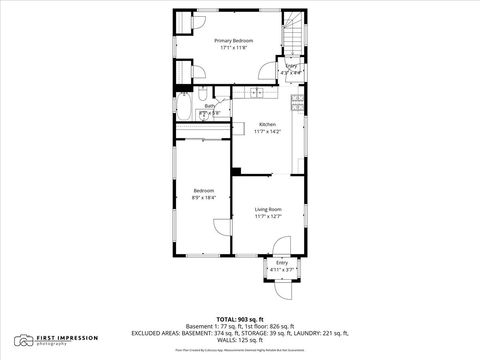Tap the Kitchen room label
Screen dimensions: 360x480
[x=267, y=124]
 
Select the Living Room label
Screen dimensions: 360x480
[x=267, y=208]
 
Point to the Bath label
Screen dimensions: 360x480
[x=210, y=105]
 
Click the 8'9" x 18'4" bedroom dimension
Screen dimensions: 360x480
[x=203, y=198]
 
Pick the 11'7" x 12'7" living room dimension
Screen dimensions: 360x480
[x=267, y=216]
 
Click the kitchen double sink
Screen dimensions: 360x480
[x=257, y=93]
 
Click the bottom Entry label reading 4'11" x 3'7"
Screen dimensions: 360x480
[x=281, y=269]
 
